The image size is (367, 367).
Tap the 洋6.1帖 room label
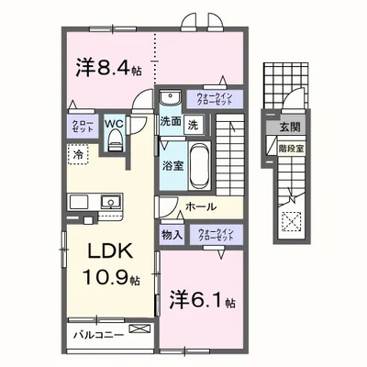(203, 299)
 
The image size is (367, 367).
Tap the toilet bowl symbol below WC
(115, 139)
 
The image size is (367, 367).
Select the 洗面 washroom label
(170, 122)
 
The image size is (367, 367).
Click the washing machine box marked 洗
(193, 123)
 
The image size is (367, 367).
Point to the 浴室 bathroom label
(172, 167)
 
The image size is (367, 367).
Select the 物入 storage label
(172, 234)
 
